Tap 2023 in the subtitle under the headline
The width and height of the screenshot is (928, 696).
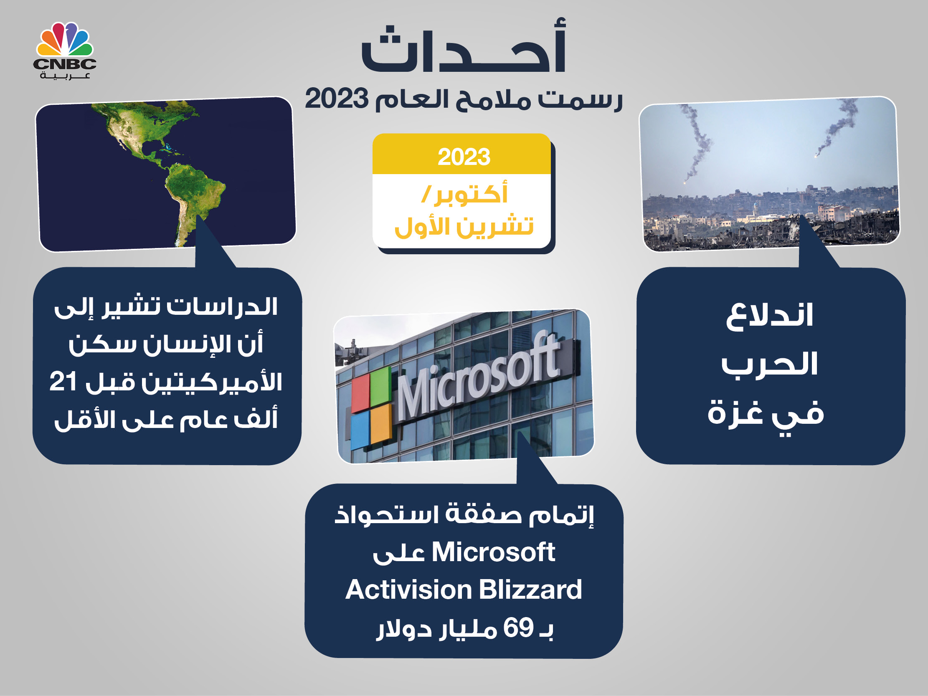point(337,99)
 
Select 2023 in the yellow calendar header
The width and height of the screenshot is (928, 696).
point(464,157)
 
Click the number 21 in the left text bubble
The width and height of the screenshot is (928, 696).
point(63,382)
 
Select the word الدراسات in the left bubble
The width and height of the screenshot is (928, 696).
point(222,307)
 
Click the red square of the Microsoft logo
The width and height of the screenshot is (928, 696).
point(360,393)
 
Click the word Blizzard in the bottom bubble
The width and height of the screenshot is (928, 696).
point(530,590)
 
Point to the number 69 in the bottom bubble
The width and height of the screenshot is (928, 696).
point(519,628)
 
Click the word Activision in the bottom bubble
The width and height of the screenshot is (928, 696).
point(408,590)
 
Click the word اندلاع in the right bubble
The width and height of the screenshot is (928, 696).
point(769,315)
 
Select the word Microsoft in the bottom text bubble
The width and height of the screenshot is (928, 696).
point(493,552)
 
